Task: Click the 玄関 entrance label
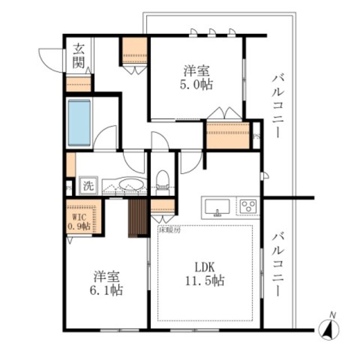[x=79, y=56]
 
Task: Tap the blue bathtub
[x=79, y=122]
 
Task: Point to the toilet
[x=163, y=180]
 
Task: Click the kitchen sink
[x=217, y=206]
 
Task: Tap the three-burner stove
[x=247, y=206]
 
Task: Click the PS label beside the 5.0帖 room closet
[x=256, y=136]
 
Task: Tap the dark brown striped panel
[x=137, y=218]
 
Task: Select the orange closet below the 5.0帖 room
[x=228, y=134]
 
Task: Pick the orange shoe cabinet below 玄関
[x=78, y=83]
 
